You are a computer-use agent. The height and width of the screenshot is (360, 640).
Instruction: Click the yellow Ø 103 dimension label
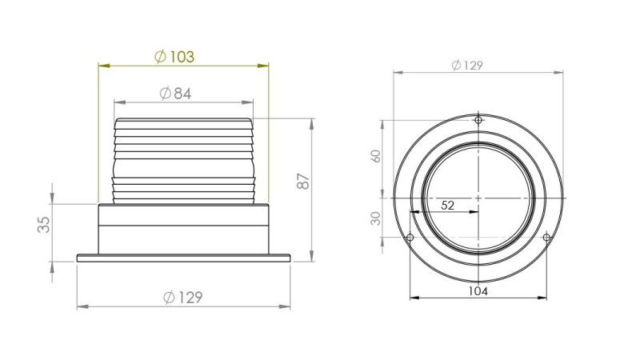(x=174, y=57)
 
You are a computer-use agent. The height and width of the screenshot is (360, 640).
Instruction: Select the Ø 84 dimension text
(x=175, y=94)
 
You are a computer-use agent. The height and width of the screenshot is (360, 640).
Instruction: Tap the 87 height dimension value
(x=303, y=182)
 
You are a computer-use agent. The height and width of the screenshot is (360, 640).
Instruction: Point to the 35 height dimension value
(x=44, y=225)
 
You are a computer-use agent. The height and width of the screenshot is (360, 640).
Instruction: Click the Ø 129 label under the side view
(x=182, y=297)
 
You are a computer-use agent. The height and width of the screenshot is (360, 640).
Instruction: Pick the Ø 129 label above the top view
(x=467, y=66)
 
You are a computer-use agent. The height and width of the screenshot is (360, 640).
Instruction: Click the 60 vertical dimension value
(x=375, y=156)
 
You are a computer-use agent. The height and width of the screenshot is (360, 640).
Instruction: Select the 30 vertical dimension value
(x=375, y=218)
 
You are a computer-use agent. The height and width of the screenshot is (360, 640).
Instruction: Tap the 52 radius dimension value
(x=447, y=205)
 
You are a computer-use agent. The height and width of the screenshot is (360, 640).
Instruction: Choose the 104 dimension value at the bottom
(x=478, y=291)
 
